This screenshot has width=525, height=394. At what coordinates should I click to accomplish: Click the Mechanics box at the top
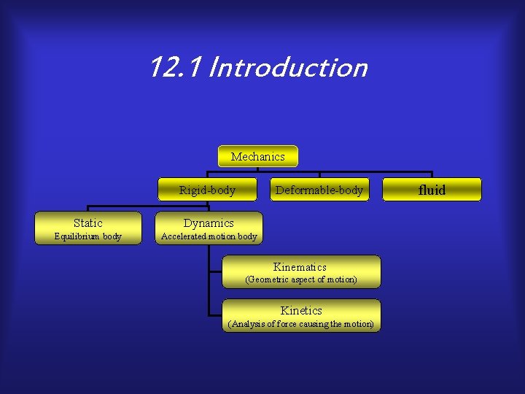click(x=257, y=156)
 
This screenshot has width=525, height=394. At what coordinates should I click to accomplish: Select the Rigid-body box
click(x=208, y=190)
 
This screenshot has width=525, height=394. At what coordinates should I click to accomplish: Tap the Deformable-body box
click(x=319, y=190)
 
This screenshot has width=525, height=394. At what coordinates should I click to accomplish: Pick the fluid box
click(x=432, y=190)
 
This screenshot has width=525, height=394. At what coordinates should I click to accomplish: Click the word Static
click(x=88, y=223)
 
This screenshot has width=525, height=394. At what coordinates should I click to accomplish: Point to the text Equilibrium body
click(x=88, y=236)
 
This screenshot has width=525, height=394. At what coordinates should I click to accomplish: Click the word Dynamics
click(x=209, y=223)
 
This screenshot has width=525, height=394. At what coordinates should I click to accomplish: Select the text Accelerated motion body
click(x=209, y=236)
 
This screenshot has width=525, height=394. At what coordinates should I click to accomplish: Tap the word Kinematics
click(x=300, y=267)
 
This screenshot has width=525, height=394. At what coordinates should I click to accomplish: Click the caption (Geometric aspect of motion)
click(x=300, y=279)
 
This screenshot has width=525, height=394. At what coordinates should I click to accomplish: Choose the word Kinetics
click(x=301, y=310)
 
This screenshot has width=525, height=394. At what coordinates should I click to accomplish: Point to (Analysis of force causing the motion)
click(x=300, y=324)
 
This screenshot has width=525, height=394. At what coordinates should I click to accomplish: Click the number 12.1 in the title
click(x=175, y=68)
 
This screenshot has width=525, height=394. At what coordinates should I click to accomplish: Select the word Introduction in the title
click(x=287, y=68)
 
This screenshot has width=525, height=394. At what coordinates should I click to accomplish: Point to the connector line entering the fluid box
click(x=432, y=174)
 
